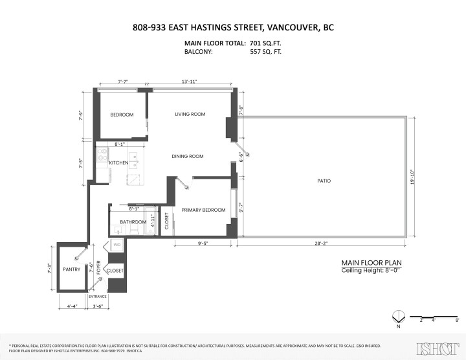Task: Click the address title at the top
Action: pos(232,27)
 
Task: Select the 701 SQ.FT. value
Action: pos(265,43)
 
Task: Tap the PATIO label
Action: pos(324,181)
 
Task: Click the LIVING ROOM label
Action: pos(190,115)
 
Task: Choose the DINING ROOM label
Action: pos(188,156)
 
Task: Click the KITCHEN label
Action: pos(118,163)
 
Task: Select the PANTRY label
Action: pos(71,269)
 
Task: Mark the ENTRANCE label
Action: pos(97,297)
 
